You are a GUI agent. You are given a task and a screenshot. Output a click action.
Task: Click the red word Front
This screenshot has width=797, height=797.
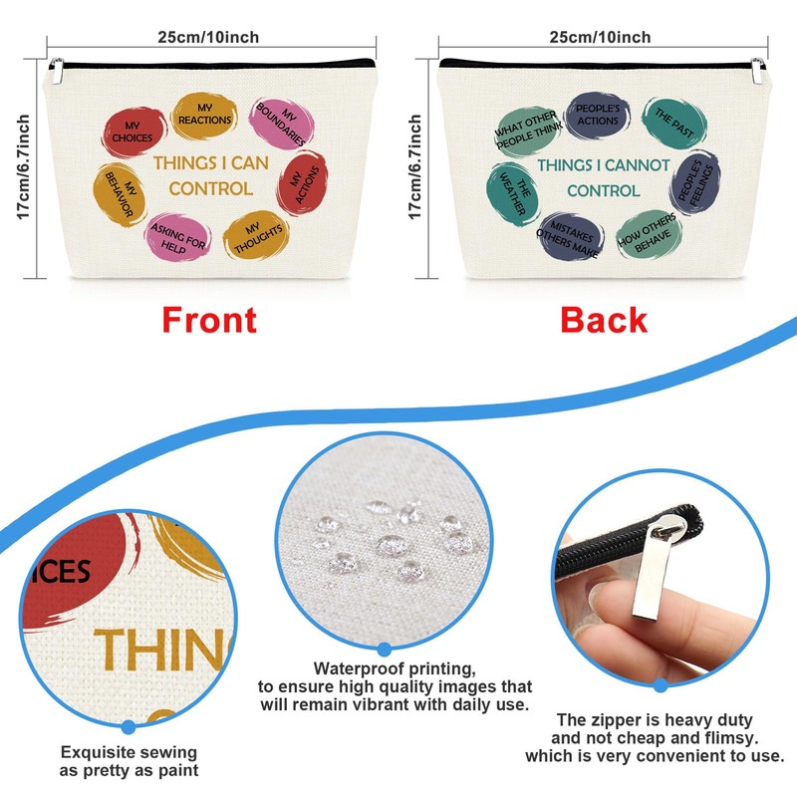click(209, 320)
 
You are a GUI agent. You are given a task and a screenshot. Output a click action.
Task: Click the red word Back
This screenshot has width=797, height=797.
click(604, 320)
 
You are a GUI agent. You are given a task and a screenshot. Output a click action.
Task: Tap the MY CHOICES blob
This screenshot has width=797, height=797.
click(133, 132)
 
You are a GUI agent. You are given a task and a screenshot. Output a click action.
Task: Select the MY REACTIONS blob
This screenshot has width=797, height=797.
click(204, 115)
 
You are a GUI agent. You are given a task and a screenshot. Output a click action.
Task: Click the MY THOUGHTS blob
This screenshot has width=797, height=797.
click(257, 232)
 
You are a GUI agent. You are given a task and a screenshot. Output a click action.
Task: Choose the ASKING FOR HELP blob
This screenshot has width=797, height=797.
click(179, 237)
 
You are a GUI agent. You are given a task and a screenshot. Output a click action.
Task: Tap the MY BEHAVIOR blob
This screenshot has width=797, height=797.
click(119, 190)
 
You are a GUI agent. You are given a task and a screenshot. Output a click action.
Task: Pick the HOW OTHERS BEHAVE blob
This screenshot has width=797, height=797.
click(647, 231)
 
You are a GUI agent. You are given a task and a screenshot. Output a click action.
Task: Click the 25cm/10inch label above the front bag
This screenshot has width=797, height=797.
click(208, 38)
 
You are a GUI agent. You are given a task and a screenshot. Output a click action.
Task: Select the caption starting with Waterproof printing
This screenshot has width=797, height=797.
click(396, 687)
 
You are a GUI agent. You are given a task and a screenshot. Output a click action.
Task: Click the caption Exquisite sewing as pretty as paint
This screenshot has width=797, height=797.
click(129, 761)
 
